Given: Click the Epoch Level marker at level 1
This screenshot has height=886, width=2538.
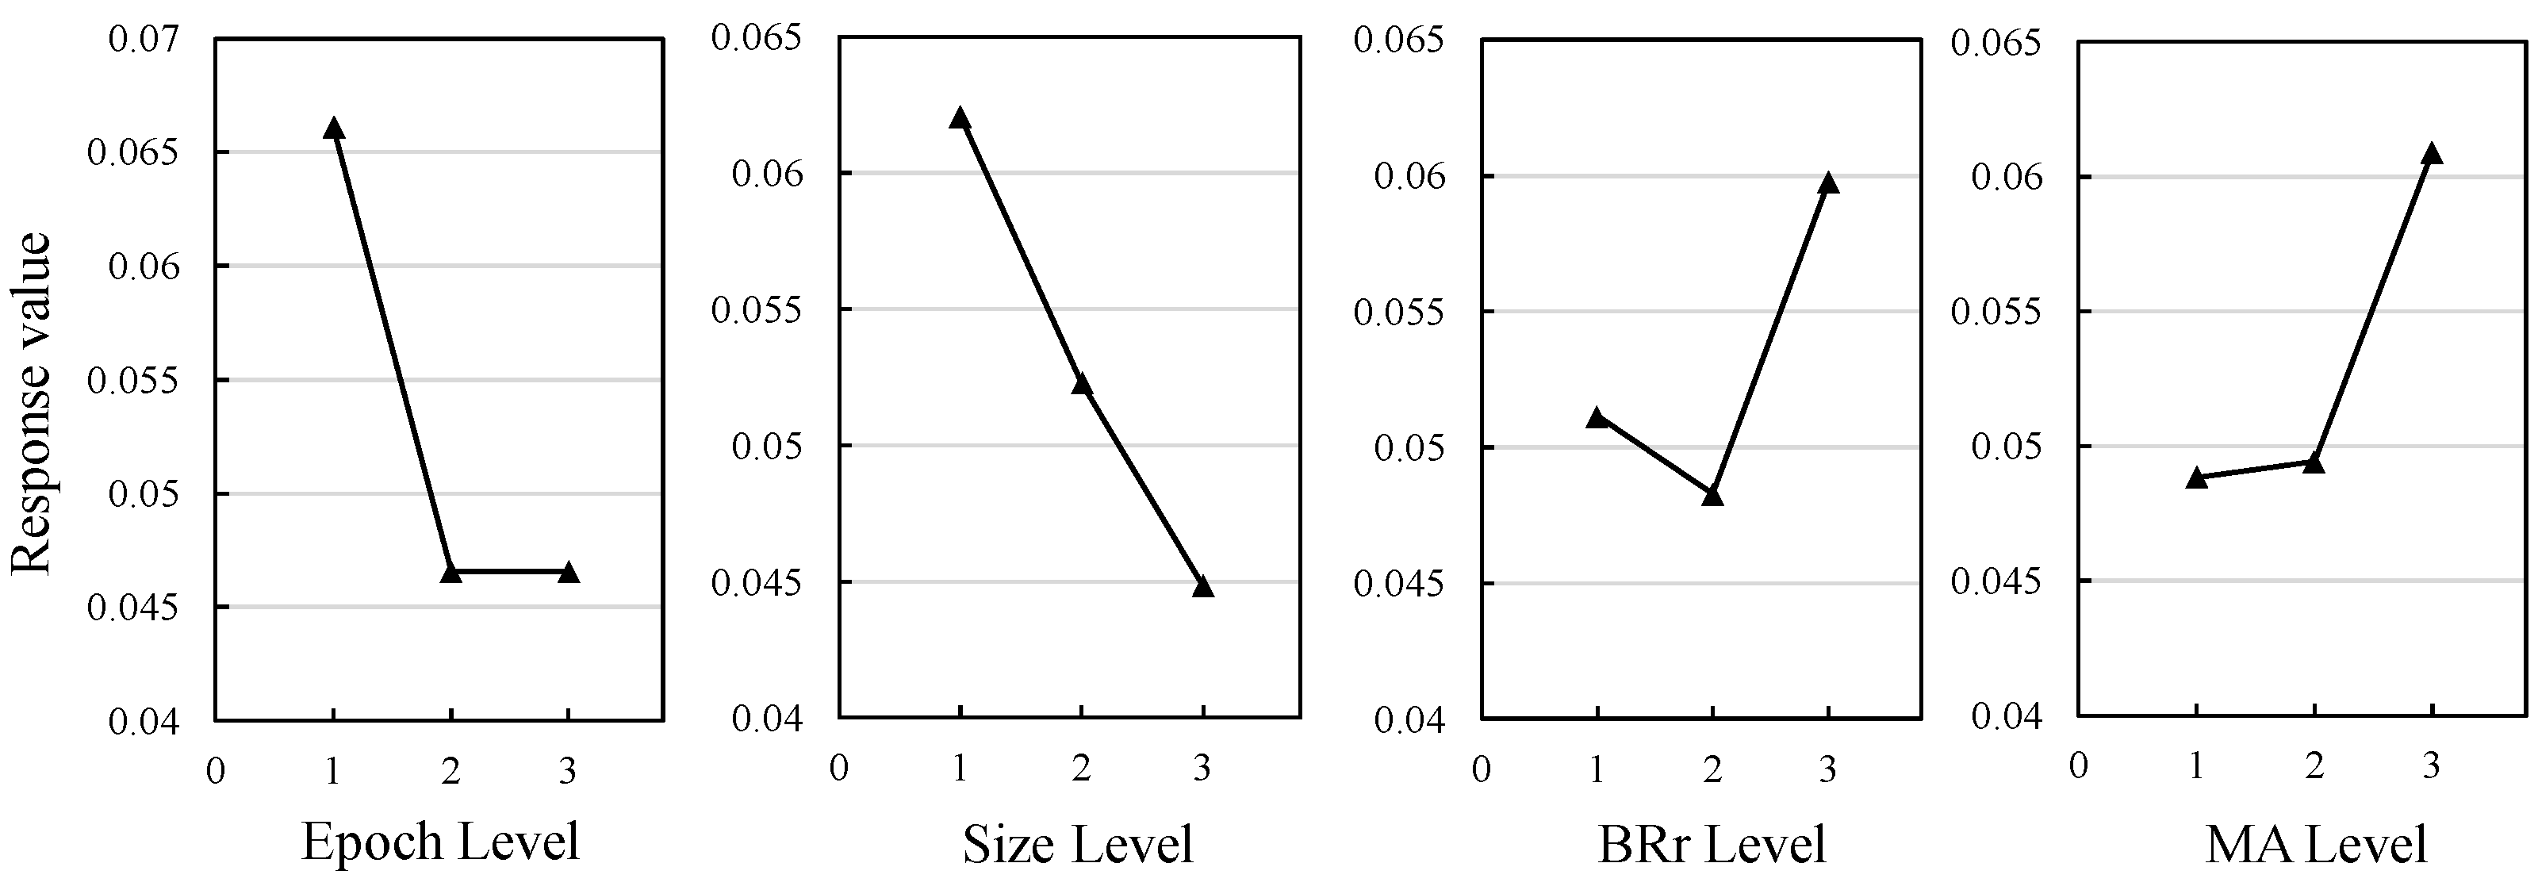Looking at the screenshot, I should (333, 128).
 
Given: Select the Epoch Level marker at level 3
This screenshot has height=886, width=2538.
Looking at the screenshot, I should (569, 572).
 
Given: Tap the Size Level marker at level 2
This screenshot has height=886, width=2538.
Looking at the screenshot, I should (1082, 383).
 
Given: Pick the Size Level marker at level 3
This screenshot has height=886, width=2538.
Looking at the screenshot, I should (1203, 585).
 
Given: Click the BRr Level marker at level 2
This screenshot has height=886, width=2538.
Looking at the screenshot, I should (1712, 495).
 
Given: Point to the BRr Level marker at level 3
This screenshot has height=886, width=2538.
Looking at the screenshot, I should (1829, 182).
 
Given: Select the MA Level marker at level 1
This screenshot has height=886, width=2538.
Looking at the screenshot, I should (2196, 478).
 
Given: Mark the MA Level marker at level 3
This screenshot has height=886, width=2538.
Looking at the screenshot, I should (2432, 153).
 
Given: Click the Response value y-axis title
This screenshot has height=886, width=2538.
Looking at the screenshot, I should (32, 404).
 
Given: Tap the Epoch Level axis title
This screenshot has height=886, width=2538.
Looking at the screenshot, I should (440, 841).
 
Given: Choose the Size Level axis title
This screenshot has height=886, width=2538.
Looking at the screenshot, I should (1078, 845).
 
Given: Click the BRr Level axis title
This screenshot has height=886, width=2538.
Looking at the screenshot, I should (1712, 845).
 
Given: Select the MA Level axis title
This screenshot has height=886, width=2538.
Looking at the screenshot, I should (2315, 845).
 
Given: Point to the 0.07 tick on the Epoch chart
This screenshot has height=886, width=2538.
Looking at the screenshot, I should (145, 40).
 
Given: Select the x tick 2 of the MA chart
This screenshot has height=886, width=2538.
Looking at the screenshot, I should (2314, 765).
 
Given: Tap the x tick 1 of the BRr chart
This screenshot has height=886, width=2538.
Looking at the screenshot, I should (1597, 769).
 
